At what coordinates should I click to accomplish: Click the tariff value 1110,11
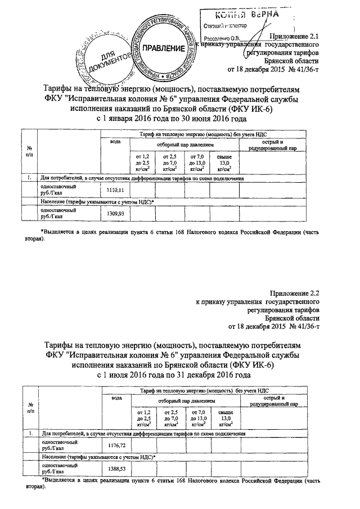[x=114, y=191]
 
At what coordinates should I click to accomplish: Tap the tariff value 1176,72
[x=114, y=445]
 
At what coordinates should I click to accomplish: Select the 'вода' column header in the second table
[x=116, y=398]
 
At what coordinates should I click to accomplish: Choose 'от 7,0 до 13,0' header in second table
[x=197, y=419]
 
